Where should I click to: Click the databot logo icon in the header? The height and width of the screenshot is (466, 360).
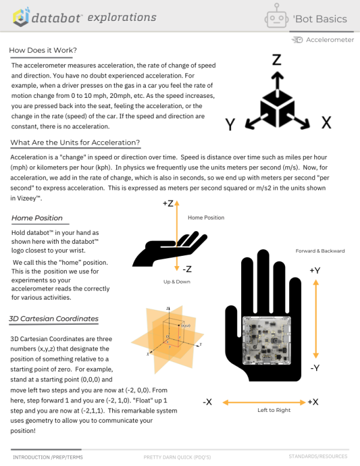pos(21,17)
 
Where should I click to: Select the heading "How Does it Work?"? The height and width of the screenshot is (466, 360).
pos(43,50)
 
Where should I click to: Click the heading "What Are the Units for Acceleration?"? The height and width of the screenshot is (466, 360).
pos(75,142)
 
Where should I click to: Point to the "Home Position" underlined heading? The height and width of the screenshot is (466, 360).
pos(37,218)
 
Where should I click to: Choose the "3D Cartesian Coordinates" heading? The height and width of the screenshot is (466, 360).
pos(54,318)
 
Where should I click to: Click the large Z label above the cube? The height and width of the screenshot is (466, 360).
pos(277,59)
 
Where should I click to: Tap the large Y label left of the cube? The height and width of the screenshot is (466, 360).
pos(229,124)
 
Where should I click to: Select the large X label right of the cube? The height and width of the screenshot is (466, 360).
pos(326,123)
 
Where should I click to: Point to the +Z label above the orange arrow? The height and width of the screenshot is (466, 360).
pos(168,204)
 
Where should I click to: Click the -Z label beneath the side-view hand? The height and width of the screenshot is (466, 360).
pos(187,269)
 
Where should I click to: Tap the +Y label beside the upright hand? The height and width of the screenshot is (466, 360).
pos(314,270)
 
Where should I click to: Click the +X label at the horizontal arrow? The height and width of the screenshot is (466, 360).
pos(313,402)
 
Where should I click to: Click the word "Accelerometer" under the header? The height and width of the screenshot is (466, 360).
pos(330,40)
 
